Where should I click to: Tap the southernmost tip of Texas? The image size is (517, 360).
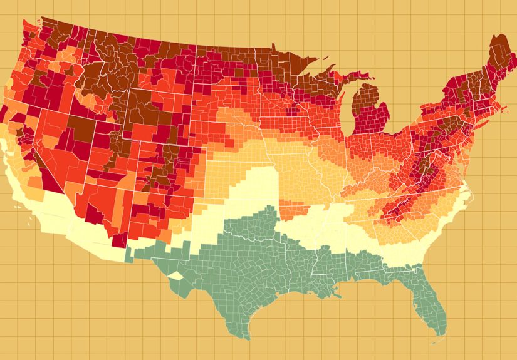tap(246, 337)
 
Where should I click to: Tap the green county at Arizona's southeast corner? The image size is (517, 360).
tap(129, 254)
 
